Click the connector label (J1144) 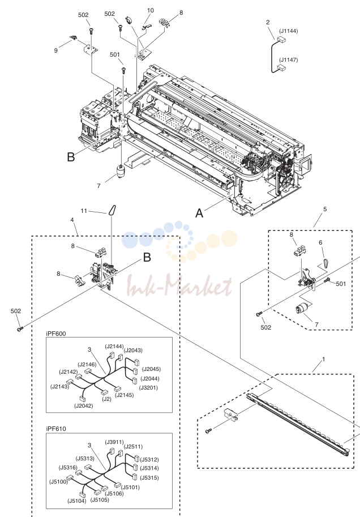pos(289,31)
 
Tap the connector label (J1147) pos(289,59)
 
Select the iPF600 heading pos(56,334)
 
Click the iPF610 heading pos(56,429)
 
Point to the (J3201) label pos(148,388)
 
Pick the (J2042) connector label pos(83,406)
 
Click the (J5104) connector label pos(77,501)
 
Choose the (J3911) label pos(114,442)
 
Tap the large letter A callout pos(199,213)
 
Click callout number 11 pos(84,211)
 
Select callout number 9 pos(55,50)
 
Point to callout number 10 pos(151,10)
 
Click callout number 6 pos(320,243)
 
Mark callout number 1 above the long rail pos(323,359)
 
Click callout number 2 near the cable pos(268,22)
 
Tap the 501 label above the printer pos(115,54)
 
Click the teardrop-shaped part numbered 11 pos(112,210)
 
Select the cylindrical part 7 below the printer pos(121,172)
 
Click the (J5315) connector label pos(149,478)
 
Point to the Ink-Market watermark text pos(179,285)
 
